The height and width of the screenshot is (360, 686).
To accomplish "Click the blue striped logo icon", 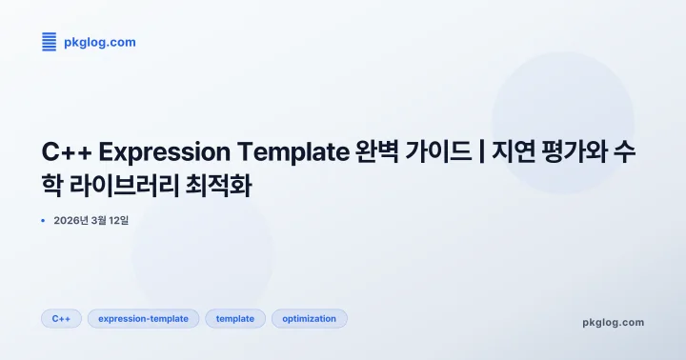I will tap(50, 41).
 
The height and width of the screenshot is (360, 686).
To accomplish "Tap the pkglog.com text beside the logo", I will tap(99, 42).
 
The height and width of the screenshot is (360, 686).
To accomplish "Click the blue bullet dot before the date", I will tap(44, 220).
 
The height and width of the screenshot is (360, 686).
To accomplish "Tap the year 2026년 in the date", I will tap(71, 220).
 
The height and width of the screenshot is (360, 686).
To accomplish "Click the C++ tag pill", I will tap(62, 318).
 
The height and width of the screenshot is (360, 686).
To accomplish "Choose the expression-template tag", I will tap(144, 318).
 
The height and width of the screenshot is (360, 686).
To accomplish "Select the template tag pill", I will tap(235, 318).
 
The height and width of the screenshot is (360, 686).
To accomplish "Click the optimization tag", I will tap(310, 318).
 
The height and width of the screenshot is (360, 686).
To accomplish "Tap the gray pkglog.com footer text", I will tap(613, 322).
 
